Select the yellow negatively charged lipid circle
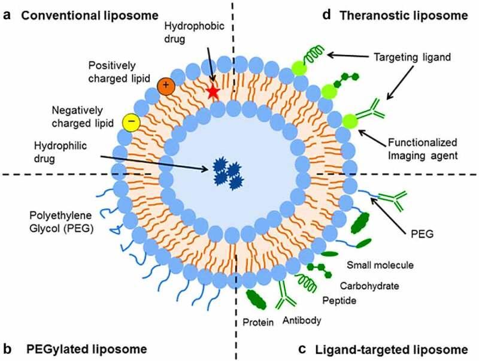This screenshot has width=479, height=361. coord(131,122)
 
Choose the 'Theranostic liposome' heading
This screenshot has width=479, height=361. coord(403,16)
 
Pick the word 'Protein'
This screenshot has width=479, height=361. coord(257,323)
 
